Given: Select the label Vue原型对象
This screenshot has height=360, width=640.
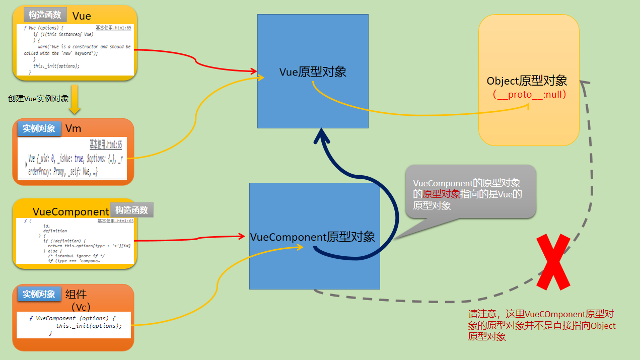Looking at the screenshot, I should pyautogui.click(x=313, y=72).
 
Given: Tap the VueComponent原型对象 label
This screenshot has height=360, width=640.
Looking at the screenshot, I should pyautogui.click(x=312, y=237).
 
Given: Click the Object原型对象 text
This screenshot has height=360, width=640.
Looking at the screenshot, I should pyautogui.click(x=527, y=81).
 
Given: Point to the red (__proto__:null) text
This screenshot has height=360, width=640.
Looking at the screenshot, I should pyautogui.click(x=530, y=95).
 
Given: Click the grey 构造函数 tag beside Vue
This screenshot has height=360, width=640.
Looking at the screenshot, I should pyautogui.click(x=45, y=15).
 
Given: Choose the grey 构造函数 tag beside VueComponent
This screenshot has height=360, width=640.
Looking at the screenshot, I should pyautogui.click(x=131, y=210).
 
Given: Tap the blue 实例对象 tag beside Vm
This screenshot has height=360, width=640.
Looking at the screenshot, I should pyautogui.click(x=39, y=128).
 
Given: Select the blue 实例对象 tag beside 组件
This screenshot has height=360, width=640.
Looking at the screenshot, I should pyautogui.click(x=39, y=294).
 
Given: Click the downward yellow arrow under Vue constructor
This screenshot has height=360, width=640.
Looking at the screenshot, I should pyautogui.click(x=75, y=99).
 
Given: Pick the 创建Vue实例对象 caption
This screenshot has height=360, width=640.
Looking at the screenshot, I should pyautogui.click(x=38, y=99).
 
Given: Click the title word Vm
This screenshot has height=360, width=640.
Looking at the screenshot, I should pyautogui.click(x=73, y=128).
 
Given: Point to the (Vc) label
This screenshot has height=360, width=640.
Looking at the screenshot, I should pyautogui.click(x=81, y=307).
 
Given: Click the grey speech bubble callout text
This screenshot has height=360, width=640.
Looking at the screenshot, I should pyautogui.click(x=467, y=194).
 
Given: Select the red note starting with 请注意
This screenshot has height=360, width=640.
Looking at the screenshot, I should pyautogui.click(x=542, y=325).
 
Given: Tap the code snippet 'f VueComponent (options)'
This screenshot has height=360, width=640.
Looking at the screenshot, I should pyautogui.click(x=75, y=325).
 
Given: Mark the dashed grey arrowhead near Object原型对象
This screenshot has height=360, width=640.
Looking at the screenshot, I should pyautogui.click(x=585, y=84).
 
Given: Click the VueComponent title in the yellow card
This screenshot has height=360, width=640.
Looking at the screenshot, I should pyautogui.click(x=71, y=212).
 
